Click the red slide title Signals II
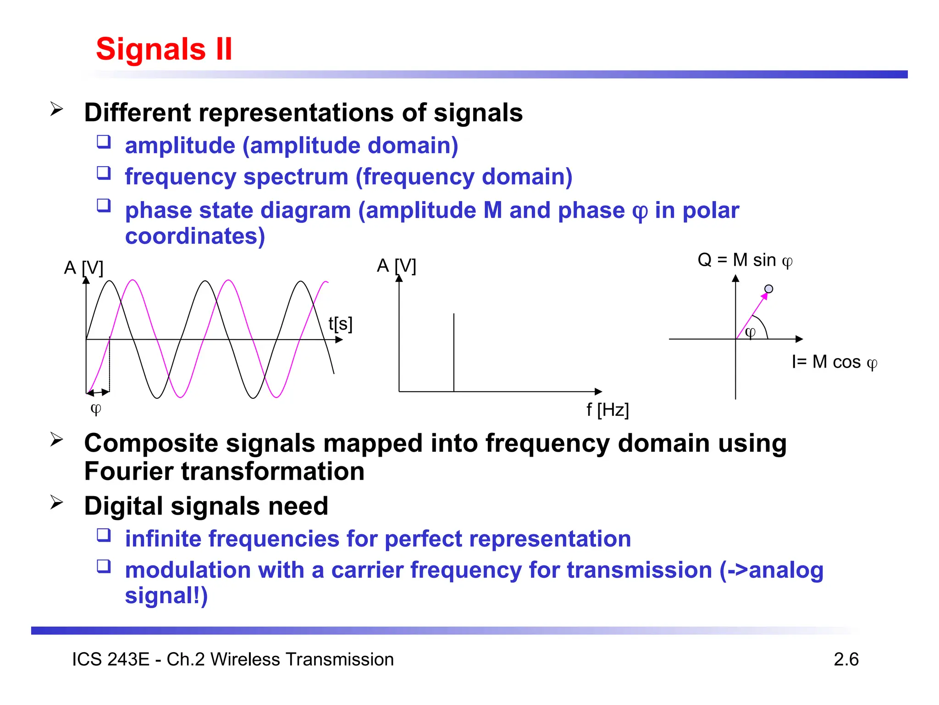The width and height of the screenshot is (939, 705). tap(164, 49)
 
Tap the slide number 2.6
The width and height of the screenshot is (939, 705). tap(846, 659)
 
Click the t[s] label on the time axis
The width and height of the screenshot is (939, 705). tap(340, 324)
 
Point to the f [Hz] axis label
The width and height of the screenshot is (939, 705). tap(608, 409)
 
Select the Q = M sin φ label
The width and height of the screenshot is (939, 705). tap(745, 260)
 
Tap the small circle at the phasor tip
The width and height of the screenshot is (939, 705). tap(769, 289)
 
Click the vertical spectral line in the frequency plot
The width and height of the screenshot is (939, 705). tap(454, 352)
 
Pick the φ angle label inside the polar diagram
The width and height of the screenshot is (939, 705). tap(750, 332)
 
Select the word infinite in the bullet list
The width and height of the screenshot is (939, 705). tap(163, 538)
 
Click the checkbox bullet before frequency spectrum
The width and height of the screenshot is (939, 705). tap(104, 173)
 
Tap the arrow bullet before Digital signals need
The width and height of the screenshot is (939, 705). tap(56, 503)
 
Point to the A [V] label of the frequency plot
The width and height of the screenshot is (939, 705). tap(396, 265)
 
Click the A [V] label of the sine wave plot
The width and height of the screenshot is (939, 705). tap(83, 267)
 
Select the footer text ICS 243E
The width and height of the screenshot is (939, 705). tap(110, 659)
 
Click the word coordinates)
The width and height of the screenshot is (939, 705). tap(195, 236)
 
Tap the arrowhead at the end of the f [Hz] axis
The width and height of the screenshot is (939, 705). tap(598, 392)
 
